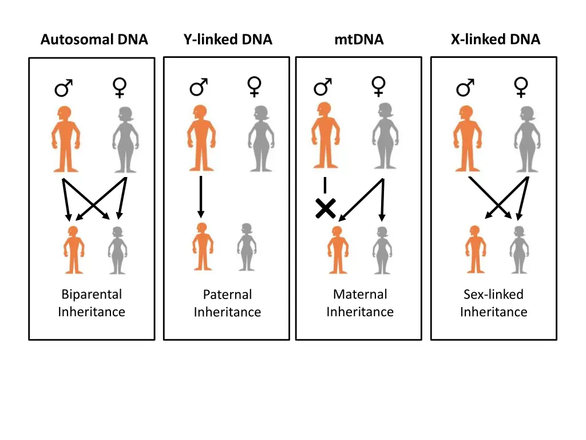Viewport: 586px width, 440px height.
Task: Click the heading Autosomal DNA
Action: [94, 40]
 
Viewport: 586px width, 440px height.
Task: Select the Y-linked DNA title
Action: [228, 40]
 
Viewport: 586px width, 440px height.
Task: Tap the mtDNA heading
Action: [359, 40]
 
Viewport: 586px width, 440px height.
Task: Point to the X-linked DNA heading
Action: [495, 40]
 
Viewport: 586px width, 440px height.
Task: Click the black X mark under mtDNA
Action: [325, 208]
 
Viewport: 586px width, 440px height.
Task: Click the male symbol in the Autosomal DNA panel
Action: [64, 88]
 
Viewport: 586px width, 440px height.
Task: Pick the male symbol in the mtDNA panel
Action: [323, 88]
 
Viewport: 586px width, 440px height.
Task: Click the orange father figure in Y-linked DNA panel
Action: [200, 137]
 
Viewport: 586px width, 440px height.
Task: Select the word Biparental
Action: [92, 294]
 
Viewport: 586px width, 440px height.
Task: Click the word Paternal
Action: [227, 294]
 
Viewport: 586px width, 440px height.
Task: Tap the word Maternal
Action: [360, 294]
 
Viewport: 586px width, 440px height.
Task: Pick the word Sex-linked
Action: [493, 294]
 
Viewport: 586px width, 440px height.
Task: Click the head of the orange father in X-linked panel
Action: [465, 113]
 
